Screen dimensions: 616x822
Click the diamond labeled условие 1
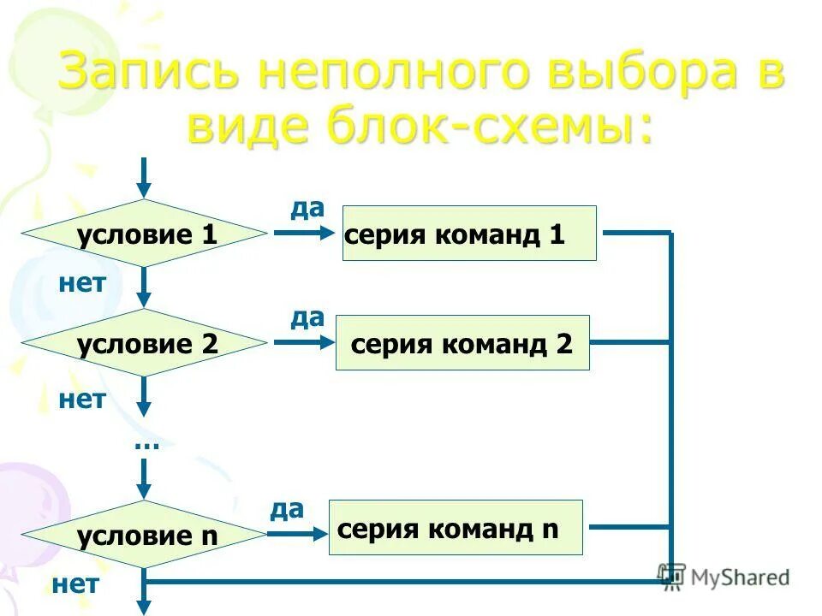[145, 234]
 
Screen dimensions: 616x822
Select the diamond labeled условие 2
[145, 343]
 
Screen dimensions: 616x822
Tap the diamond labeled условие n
[145, 536]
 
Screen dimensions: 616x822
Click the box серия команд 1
[469, 233]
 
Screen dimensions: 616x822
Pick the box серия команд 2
[462, 342]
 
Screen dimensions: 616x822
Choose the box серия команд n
[456, 528]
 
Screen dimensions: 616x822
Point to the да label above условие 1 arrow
[307, 208]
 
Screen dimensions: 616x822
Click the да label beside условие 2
[307, 318]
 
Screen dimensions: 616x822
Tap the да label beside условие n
[287, 510]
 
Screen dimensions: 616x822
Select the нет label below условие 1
[82, 283]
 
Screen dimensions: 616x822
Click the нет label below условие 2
[82, 399]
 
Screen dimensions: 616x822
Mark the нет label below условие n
[75, 585]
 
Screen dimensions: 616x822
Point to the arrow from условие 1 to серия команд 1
[304, 234]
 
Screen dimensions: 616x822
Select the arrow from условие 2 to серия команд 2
[304, 343]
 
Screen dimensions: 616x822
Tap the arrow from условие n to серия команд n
[298, 535]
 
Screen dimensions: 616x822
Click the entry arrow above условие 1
[145, 178]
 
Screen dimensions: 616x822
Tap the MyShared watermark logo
[724, 577]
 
